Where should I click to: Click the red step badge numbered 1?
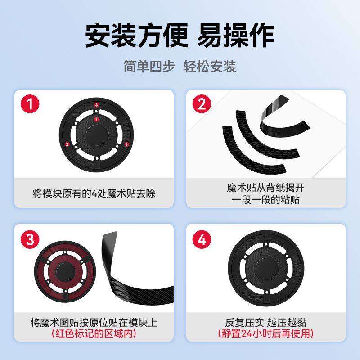31,104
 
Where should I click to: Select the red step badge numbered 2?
202,104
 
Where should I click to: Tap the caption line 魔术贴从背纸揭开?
266,187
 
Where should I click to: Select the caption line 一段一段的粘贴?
266,199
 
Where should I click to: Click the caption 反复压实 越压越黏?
266,322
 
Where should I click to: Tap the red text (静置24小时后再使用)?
266,334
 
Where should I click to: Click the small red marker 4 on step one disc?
96,105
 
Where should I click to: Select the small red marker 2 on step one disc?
67,144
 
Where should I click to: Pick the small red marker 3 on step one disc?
126,144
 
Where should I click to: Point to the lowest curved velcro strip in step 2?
252,155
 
